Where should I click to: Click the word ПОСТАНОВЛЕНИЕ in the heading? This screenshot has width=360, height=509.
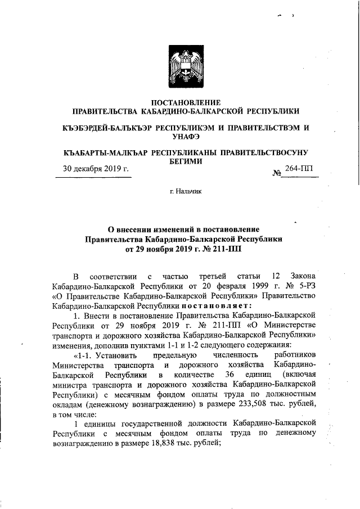pyautogui.click(x=180, y=102)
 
